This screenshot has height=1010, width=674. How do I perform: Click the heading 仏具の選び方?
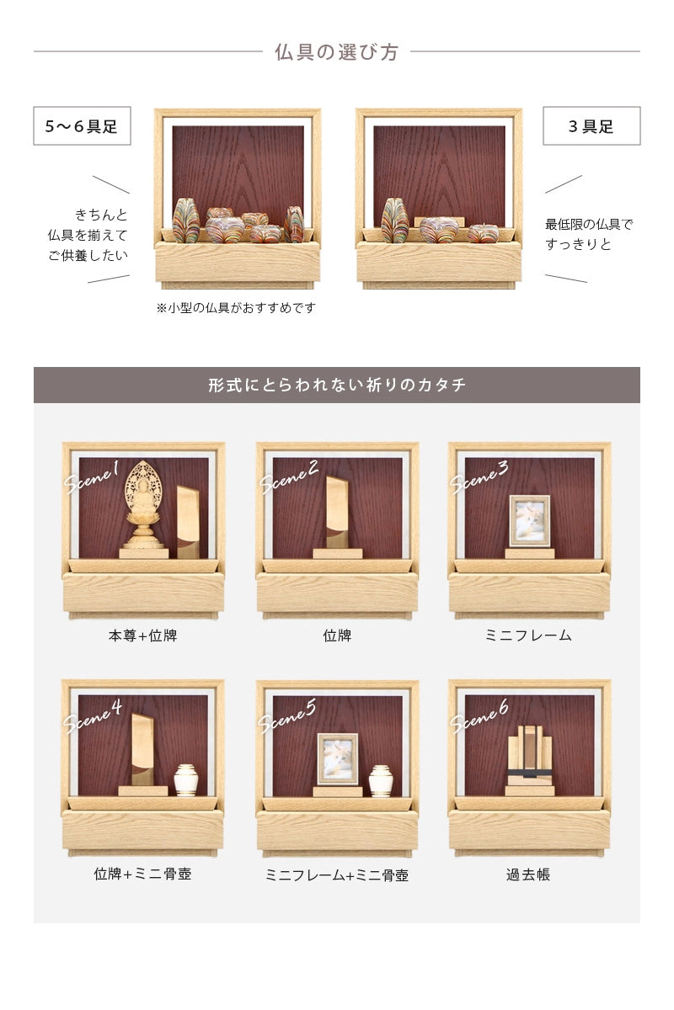pos(336,52)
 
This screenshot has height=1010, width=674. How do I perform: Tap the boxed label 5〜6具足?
pos(82,127)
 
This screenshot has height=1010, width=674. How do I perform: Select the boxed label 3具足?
pos(591,127)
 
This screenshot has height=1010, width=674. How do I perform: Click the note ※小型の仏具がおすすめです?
pos(236,308)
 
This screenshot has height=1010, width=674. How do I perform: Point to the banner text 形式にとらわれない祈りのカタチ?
pos(336,385)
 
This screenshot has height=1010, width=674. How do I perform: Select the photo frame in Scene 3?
pos(529,521)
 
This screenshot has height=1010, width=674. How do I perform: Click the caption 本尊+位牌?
pos(143,636)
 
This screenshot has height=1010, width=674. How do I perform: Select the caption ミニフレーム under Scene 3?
pos(529,636)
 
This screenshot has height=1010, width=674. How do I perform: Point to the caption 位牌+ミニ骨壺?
pos(143,874)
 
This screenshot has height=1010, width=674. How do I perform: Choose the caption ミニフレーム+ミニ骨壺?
pos(337,875)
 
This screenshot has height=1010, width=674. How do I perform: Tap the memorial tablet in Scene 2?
pos(337,513)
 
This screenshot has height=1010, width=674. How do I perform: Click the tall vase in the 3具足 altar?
pos(394,221)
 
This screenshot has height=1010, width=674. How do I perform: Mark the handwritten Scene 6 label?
pos(480,716)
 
